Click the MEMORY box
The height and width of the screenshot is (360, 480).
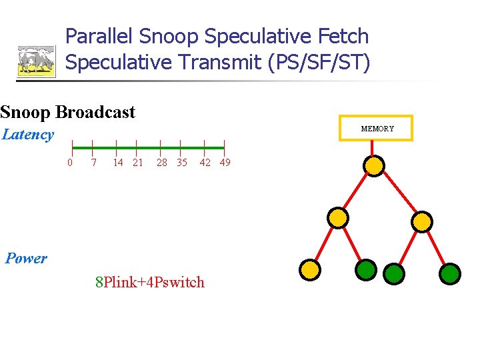coord(377,128)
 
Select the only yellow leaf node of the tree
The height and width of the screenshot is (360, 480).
coord(310,269)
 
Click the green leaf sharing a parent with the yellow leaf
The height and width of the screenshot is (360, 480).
coord(366,269)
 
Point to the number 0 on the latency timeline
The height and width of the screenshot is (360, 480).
coord(70,163)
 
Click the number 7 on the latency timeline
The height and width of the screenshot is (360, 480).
coord(93,163)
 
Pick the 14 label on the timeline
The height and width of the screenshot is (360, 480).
coord(118,163)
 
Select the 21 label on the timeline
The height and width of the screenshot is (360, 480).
coord(138,163)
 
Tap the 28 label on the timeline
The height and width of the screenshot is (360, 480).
coord(162,163)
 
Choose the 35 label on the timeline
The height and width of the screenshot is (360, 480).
coord(182,163)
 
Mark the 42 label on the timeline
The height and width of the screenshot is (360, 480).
coord(205,163)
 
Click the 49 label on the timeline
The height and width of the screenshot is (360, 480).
coord(225,163)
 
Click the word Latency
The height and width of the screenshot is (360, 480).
coord(28,134)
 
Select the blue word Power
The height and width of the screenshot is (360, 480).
coord(26,259)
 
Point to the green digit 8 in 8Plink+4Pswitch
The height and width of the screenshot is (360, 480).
coord(99,282)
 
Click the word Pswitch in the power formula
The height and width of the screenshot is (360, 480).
coord(180,282)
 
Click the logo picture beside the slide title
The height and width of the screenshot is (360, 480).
coord(37,61)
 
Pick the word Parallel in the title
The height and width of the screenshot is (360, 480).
coord(99,36)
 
